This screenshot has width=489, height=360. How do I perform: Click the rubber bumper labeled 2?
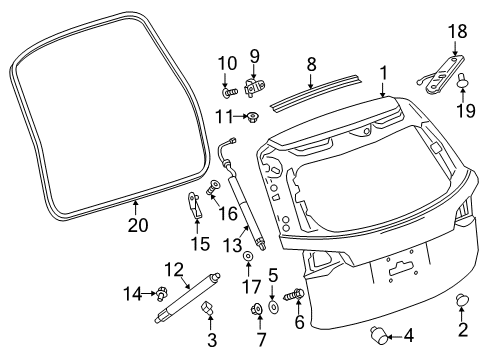pos(463,301)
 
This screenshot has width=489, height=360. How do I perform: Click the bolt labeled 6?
pos(296,297)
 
